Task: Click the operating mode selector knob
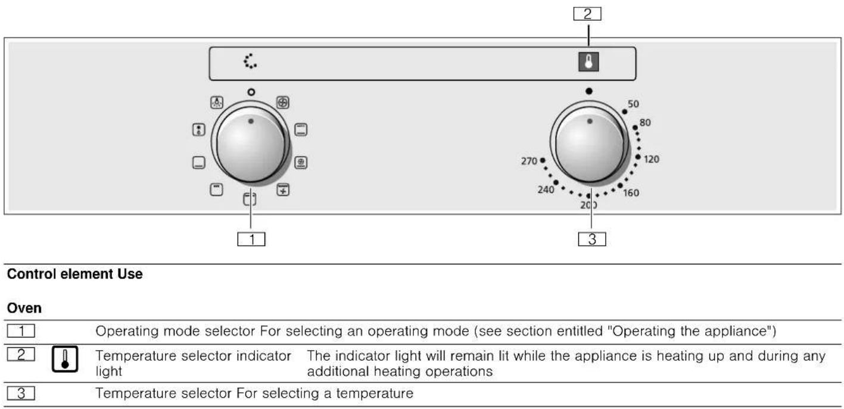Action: (x=251, y=145)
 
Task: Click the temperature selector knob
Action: (x=589, y=145)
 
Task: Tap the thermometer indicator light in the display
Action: (x=588, y=61)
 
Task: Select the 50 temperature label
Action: (x=633, y=104)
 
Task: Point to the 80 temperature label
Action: (x=644, y=123)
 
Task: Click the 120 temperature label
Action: (x=652, y=160)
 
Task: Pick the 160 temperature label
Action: (x=631, y=193)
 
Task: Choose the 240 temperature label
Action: (x=546, y=189)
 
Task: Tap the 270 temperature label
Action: (x=529, y=161)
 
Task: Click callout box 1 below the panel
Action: (x=251, y=239)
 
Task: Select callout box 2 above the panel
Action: (x=587, y=14)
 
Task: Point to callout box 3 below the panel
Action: (x=592, y=239)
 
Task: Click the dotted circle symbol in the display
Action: (x=250, y=61)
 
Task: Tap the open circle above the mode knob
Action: (x=251, y=92)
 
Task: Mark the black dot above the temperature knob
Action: (x=589, y=91)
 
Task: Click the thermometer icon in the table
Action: (x=65, y=359)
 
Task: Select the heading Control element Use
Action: (x=74, y=274)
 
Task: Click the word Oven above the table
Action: (x=24, y=308)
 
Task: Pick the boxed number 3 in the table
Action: (x=21, y=394)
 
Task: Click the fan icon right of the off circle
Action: (x=283, y=102)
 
